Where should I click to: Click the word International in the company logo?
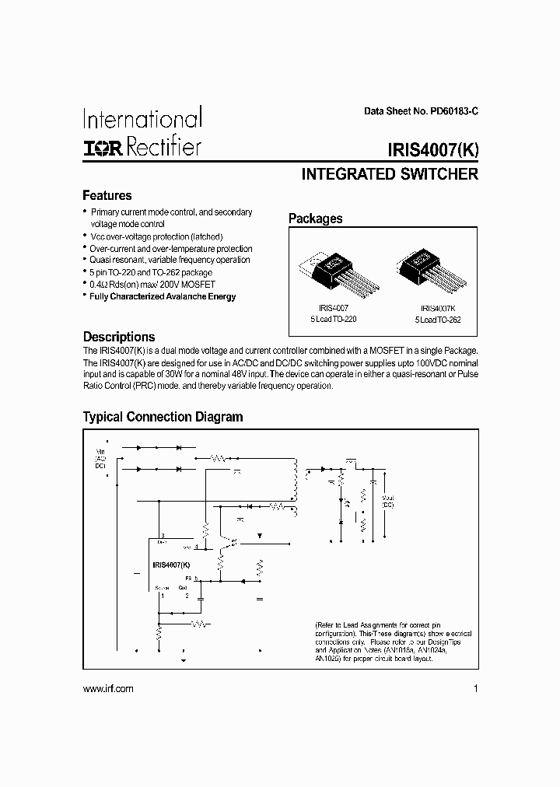click(x=142, y=119)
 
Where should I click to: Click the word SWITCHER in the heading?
click(x=437, y=175)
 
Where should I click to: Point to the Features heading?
click(x=107, y=196)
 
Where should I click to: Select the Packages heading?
click(x=315, y=219)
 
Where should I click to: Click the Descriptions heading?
click(x=119, y=337)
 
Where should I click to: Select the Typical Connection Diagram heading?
click(x=163, y=417)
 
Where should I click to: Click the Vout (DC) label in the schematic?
click(x=388, y=502)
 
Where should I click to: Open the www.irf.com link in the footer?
click(x=107, y=689)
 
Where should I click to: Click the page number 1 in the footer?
click(x=474, y=689)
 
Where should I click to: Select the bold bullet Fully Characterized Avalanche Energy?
click(x=163, y=296)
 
